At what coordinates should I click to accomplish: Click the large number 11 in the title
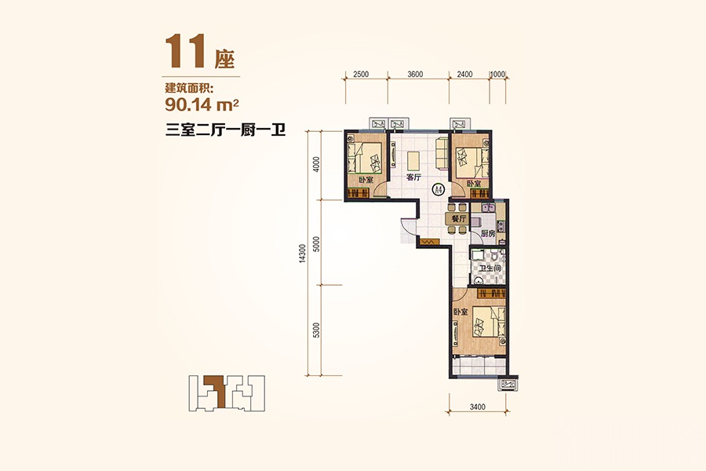186,52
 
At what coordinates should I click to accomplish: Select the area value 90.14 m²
202,105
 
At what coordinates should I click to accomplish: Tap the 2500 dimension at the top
361,75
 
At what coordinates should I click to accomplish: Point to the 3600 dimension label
415,75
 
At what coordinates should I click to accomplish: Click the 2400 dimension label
464,75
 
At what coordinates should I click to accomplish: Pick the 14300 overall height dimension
303,254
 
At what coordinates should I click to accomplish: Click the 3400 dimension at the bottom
477,407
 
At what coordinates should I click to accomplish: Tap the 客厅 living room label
413,177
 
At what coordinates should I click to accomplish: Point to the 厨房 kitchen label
488,233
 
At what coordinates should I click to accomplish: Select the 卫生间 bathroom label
489,268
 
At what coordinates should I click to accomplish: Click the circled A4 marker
438,189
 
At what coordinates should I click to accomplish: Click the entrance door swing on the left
407,231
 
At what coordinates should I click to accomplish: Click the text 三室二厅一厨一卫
226,131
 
